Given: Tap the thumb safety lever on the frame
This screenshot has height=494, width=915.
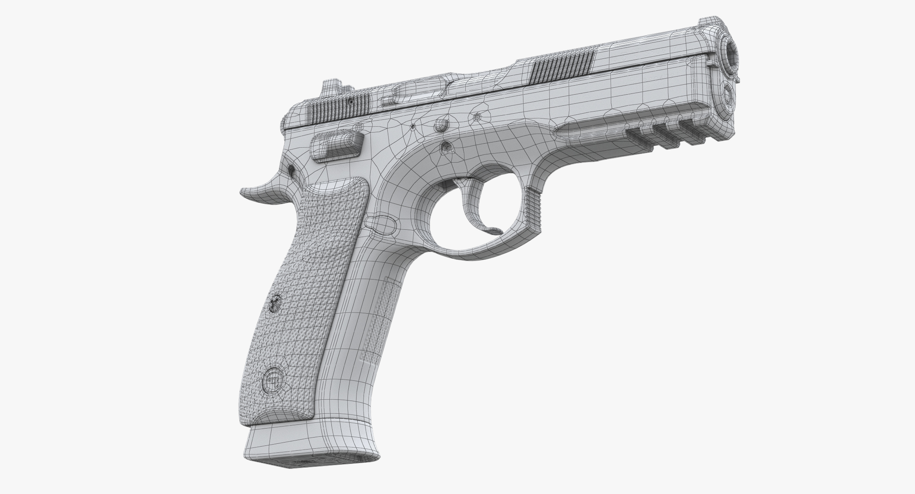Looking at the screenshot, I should pyautogui.click(x=338, y=146).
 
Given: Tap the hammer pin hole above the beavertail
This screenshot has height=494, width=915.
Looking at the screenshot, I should pyautogui.click(x=291, y=169).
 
